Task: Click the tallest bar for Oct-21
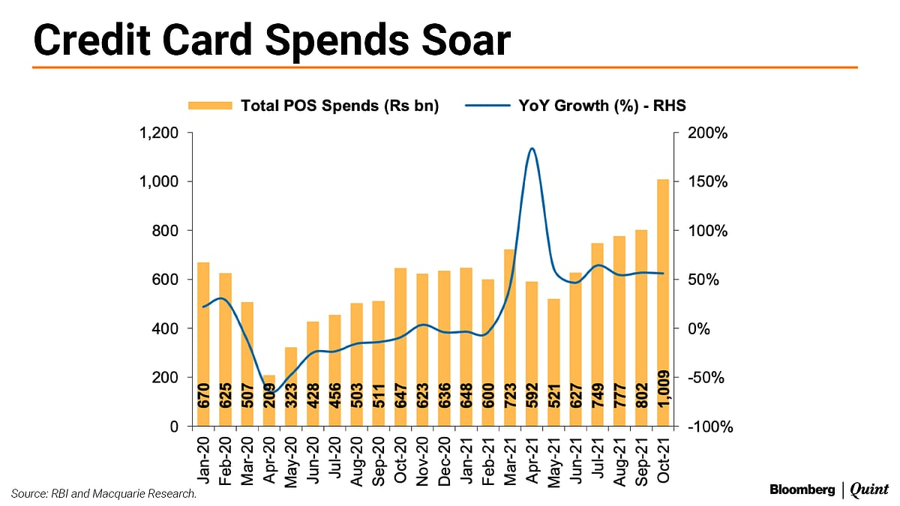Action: [x=662, y=300]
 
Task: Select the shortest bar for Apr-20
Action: [x=269, y=400]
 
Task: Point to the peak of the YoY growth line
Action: [x=531, y=148]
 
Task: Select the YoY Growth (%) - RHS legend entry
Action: [x=575, y=106]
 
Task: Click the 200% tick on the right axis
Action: [x=702, y=133]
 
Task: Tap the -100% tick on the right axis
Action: [x=704, y=427]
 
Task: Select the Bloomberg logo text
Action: [x=801, y=490]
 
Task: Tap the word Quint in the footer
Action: [x=868, y=490]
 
